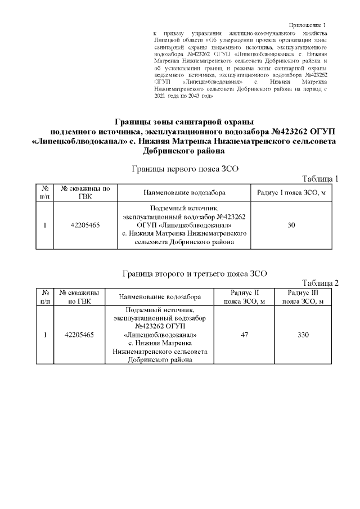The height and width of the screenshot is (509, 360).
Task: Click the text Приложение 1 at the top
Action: (x=307, y=25)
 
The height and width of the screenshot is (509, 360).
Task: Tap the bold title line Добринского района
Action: (x=184, y=151)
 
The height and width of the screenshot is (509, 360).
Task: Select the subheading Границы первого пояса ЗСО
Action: (x=184, y=168)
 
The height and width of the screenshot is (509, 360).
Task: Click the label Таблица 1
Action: (x=321, y=179)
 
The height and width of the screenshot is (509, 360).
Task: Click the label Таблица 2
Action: (x=321, y=282)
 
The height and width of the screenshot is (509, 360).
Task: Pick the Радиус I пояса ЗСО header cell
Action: (x=291, y=192)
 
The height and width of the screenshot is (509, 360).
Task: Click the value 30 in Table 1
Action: (x=291, y=225)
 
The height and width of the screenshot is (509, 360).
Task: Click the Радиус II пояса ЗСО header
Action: (x=245, y=297)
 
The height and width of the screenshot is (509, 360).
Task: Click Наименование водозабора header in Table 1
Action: (x=184, y=192)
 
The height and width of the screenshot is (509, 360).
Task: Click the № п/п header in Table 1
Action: (x=44, y=192)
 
